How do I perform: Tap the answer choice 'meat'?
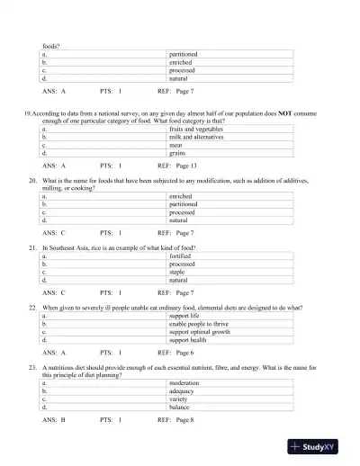coord(177,146)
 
